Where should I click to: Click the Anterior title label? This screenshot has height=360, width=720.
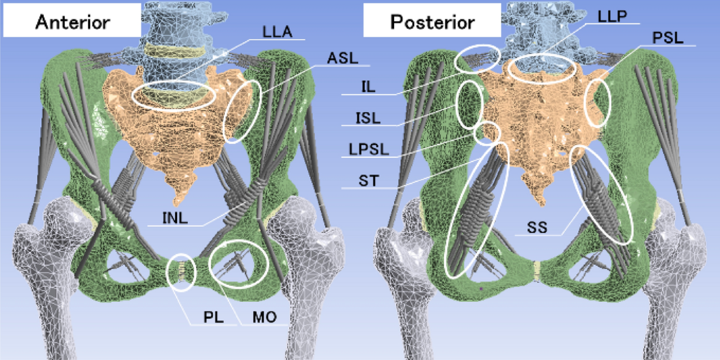tap(73, 22)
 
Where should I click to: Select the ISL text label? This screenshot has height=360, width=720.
tap(365, 118)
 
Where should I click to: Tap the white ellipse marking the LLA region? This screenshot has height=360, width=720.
tap(173, 95)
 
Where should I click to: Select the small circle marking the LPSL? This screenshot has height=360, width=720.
tap(487, 133)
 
